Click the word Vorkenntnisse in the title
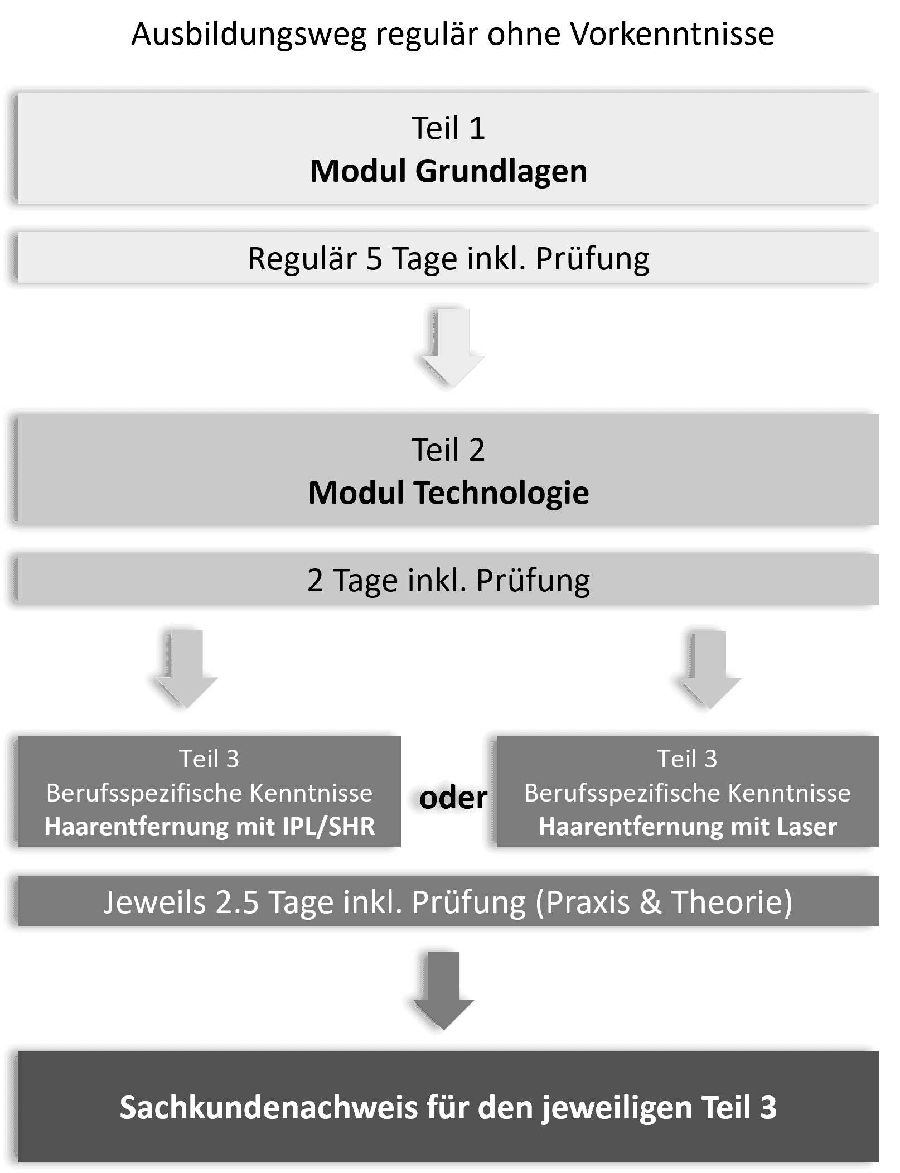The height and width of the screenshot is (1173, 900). pos(672,34)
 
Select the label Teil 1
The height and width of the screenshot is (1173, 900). pos(448,128)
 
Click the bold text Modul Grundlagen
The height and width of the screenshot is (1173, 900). pos(448,171)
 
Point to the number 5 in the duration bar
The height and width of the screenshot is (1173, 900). pos(374,259)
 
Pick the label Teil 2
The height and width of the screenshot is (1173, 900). pos(448,450)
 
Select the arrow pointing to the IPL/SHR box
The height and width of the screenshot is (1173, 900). pos(186,669)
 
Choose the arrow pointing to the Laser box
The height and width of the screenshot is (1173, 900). pos(709,669)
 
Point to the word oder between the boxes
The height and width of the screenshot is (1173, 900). pos(453,798)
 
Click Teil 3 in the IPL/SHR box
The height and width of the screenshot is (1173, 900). pos(209,759)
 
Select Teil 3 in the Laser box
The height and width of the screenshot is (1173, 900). pos(687,759)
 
